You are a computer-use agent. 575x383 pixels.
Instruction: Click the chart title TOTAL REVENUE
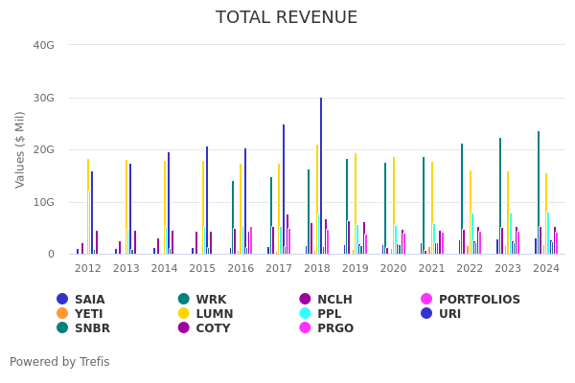(287, 18)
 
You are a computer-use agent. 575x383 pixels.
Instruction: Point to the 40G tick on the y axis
(43, 45)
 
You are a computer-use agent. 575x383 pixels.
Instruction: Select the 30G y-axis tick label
(43, 98)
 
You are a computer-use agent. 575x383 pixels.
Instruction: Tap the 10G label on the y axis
(43, 202)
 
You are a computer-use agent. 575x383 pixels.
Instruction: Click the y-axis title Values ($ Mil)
(21, 149)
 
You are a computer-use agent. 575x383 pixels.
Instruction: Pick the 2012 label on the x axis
(88, 269)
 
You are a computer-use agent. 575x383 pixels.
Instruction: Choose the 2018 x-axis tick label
(317, 269)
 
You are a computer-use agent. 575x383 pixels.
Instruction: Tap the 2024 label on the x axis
(546, 269)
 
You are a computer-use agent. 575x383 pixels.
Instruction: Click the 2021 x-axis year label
(431, 269)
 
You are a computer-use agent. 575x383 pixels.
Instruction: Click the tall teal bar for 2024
(539, 191)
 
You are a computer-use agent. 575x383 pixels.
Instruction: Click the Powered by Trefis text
(59, 362)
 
